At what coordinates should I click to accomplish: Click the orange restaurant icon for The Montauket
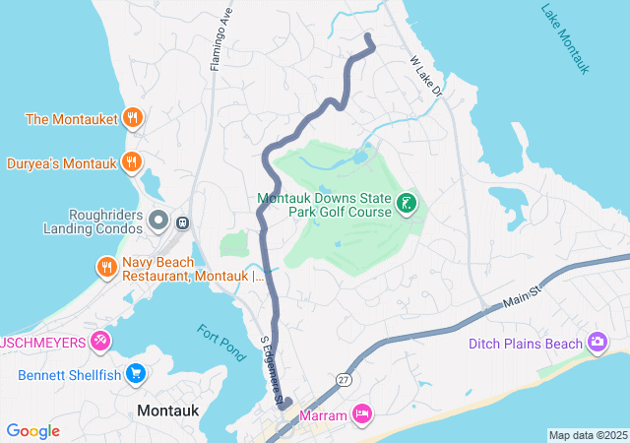(133, 119)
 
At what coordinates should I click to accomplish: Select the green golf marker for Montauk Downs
(406, 205)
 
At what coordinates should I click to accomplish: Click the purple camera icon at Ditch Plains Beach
(598, 343)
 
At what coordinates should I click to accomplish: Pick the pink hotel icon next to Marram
(362, 414)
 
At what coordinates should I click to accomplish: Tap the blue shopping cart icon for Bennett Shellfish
(136, 374)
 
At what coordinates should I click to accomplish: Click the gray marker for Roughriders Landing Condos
(157, 221)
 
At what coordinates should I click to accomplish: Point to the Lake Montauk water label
(565, 38)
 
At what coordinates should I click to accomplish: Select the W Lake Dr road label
(428, 76)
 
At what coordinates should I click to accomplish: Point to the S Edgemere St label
(272, 370)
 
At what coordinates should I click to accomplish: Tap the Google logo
(33, 431)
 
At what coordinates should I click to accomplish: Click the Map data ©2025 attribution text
(588, 435)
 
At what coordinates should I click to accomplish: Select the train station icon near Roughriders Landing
(182, 223)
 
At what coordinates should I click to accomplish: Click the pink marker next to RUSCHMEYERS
(99, 342)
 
